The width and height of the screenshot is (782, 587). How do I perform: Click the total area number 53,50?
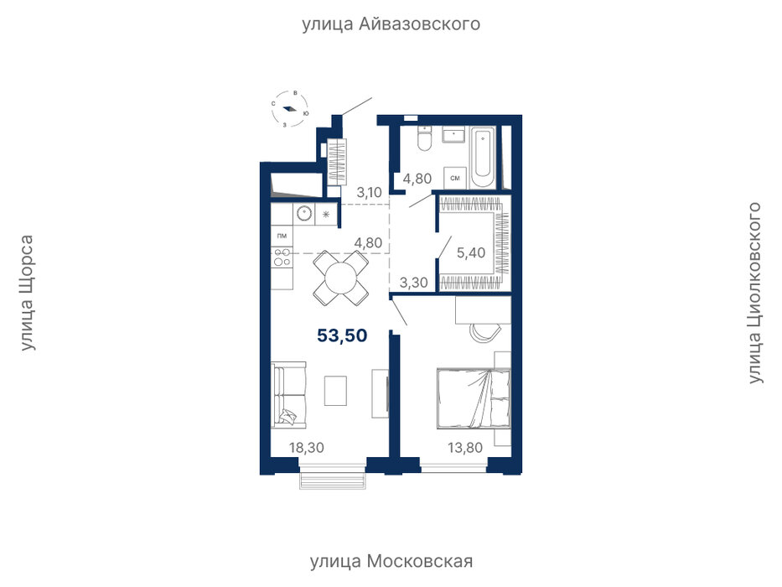click(342, 335)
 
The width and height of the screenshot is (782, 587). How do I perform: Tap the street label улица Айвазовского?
click(391, 24)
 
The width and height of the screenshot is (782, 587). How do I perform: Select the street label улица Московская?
click(391, 562)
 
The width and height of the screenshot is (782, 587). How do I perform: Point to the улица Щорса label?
click(27, 293)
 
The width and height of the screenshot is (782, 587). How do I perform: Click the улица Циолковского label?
click(754, 293)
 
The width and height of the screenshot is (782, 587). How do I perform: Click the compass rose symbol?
click(290, 109)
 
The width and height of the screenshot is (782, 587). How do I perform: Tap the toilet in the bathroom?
click(425, 138)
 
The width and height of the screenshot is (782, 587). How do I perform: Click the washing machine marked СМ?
click(455, 178)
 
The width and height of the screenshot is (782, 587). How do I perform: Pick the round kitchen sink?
click(303, 214)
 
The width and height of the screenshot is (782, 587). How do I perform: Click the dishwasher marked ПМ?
click(282, 236)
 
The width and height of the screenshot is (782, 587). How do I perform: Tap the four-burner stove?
click(282, 257)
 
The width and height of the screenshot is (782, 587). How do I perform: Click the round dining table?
click(341, 278)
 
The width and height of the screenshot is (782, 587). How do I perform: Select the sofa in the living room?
click(288, 395)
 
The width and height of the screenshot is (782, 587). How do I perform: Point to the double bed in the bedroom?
click(474, 399)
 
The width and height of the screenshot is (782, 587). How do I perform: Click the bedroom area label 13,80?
click(465, 448)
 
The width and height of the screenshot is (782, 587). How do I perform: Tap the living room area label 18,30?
click(307, 448)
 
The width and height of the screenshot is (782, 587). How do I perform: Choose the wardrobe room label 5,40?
click(471, 252)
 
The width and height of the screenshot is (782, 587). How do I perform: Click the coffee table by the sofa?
click(335, 390)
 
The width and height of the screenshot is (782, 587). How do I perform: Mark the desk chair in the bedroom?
click(484, 333)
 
